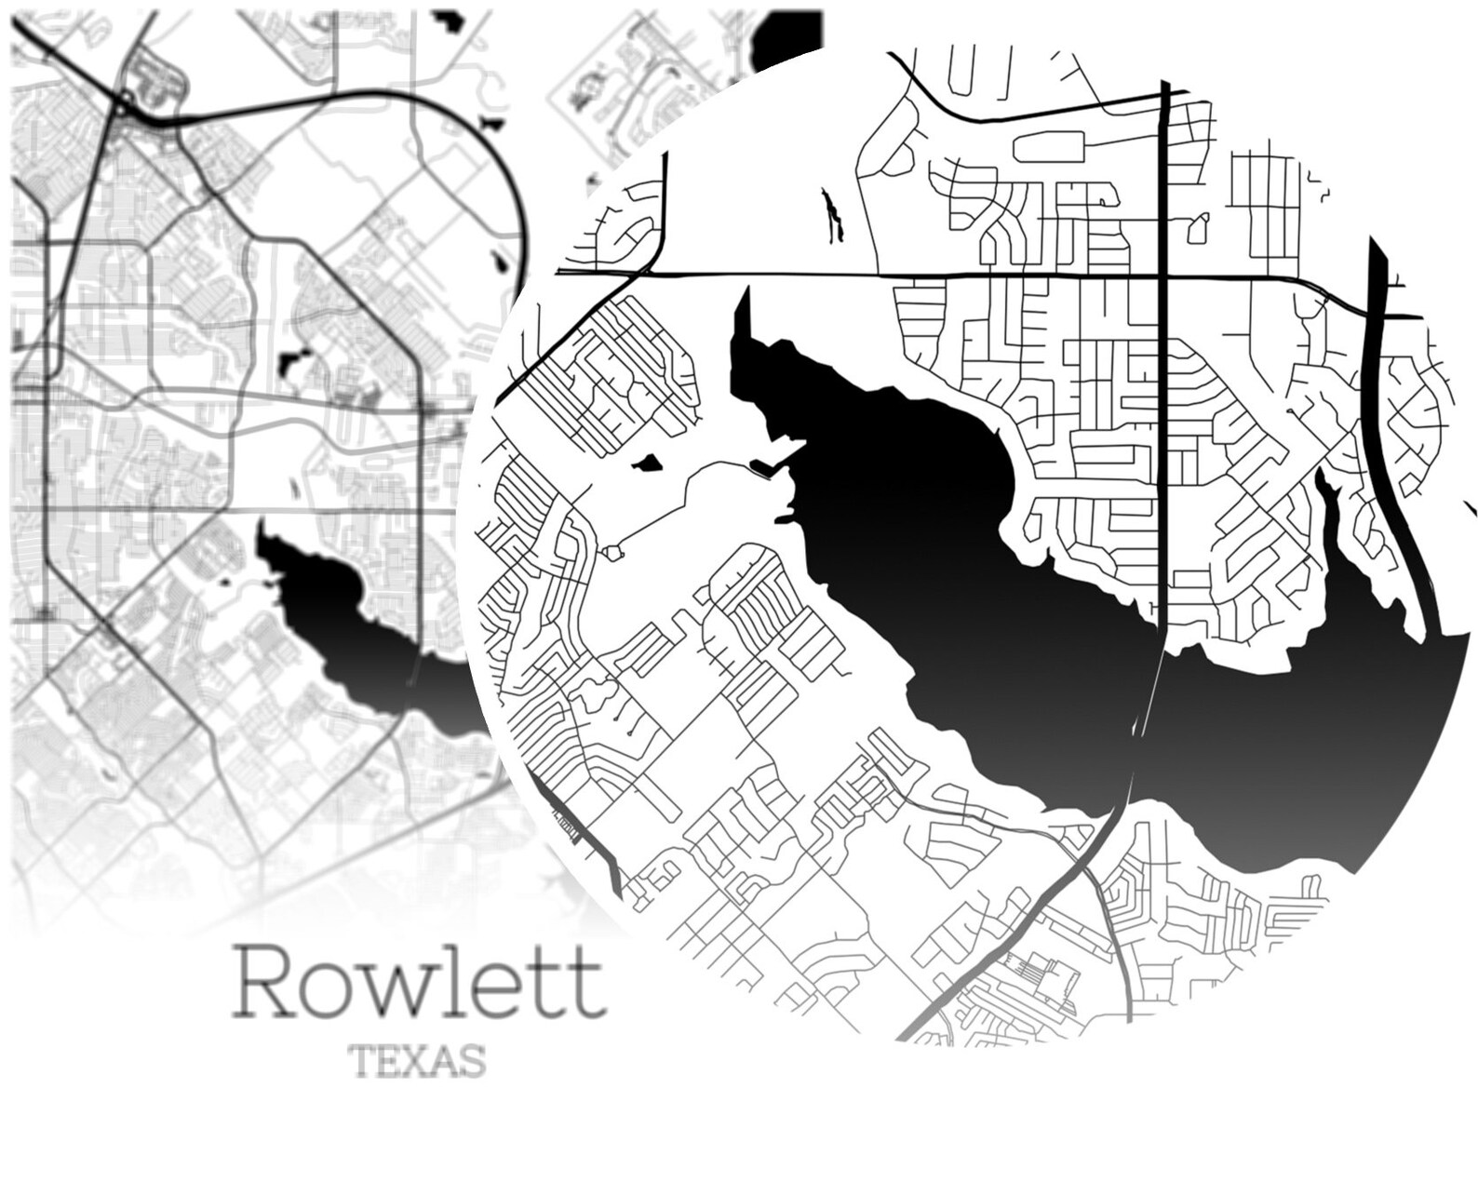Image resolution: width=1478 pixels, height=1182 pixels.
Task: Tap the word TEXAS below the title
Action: (x=416, y=1061)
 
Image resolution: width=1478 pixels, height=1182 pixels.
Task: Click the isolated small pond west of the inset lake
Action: (x=645, y=463)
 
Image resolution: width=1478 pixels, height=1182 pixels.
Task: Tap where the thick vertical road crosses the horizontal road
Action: (x=1164, y=276)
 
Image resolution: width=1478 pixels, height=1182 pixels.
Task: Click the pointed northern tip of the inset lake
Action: (x=743, y=296)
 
